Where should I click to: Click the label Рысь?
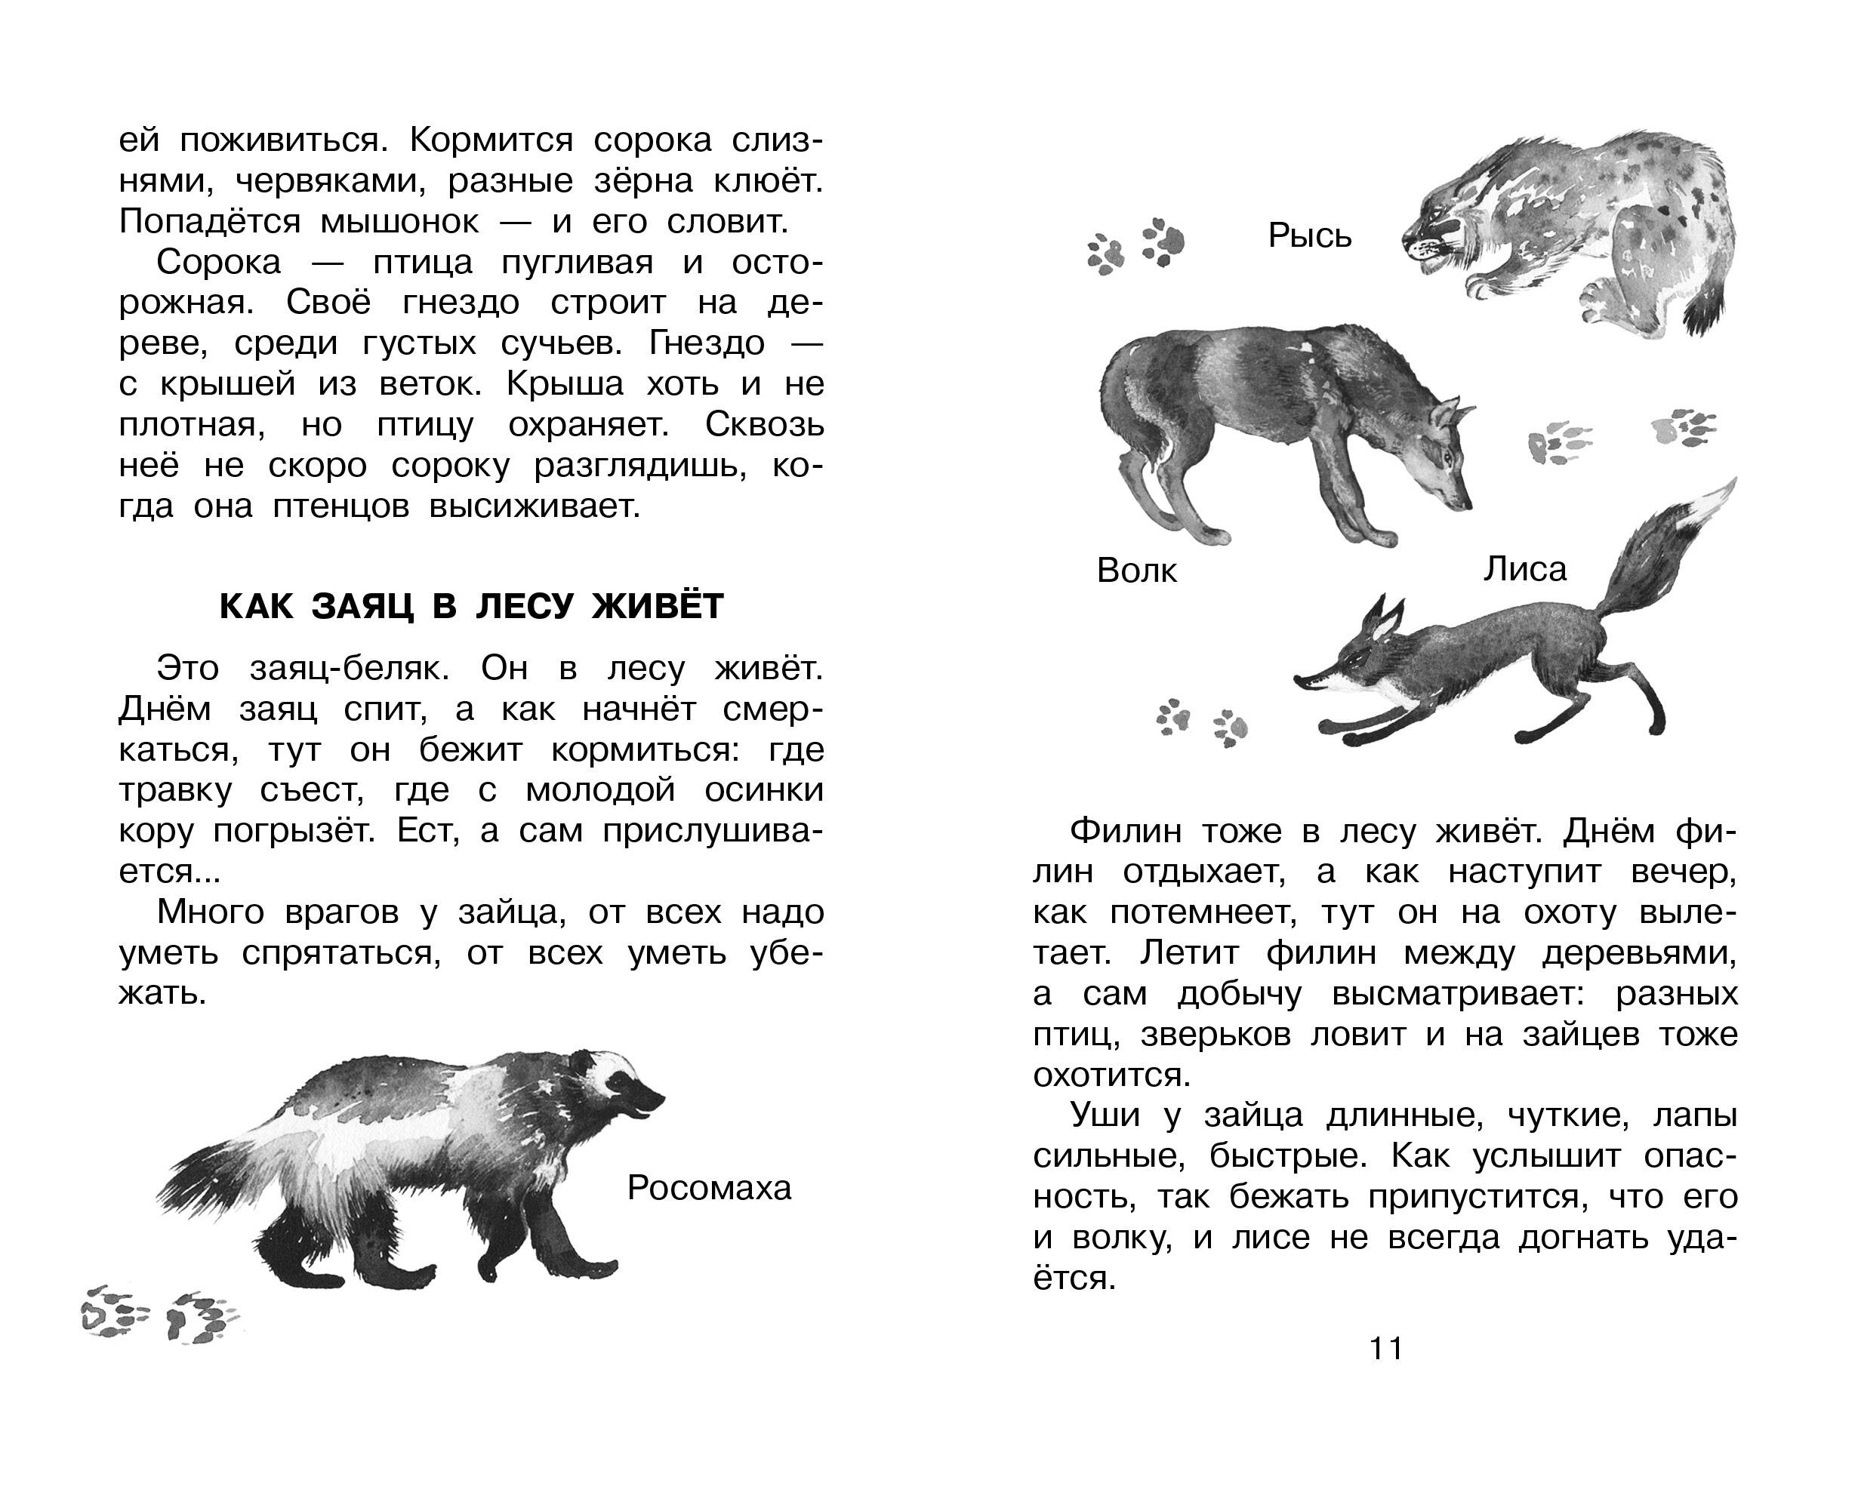[x=1309, y=236]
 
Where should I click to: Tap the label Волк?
[x=1137, y=571]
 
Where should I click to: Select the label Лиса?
[x=1524, y=569]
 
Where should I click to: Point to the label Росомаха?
[x=709, y=1188]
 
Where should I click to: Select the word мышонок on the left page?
[x=399, y=222]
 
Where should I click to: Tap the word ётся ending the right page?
[x=1074, y=1278]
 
